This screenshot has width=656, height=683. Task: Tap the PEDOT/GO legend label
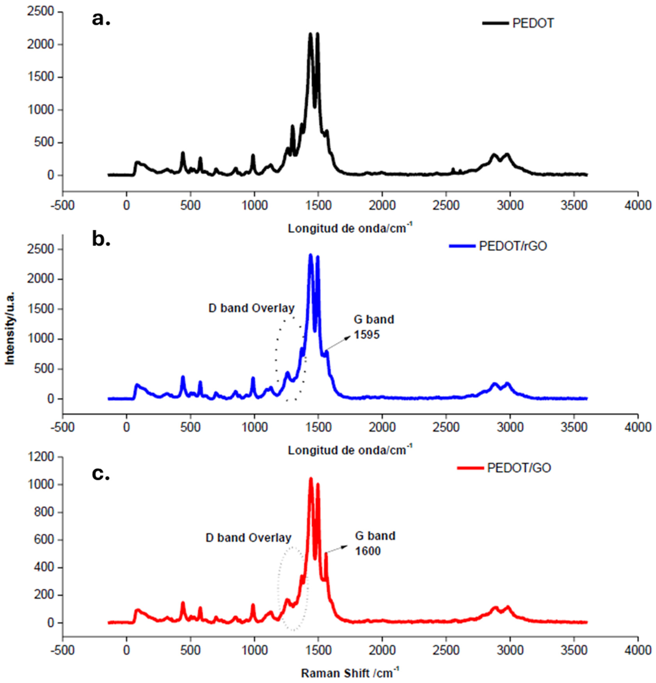point(519,468)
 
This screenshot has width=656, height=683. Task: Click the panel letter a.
point(101,19)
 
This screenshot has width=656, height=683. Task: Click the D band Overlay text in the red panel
point(248,538)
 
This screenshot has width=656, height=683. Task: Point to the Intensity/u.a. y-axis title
point(11,326)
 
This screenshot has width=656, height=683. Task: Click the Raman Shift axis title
point(350,673)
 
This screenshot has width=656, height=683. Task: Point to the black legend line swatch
point(495,23)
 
